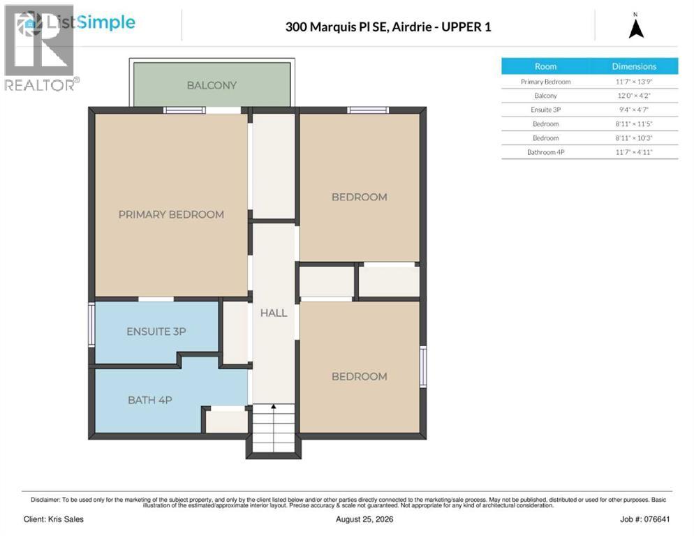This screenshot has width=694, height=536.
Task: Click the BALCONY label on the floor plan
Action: [212, 85]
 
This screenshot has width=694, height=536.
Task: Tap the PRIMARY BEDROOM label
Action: [171, 215]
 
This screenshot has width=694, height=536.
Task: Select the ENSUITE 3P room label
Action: [156, 332]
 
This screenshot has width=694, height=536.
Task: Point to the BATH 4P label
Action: [149, 400]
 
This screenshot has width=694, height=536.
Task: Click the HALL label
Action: [274, 313]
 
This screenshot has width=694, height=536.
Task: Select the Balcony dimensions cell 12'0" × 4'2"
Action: [634, 96]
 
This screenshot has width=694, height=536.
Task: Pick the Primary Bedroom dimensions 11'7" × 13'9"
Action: [634, 82]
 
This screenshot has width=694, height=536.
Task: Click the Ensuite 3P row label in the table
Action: [545, 110]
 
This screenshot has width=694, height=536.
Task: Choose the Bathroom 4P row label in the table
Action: [545, 152]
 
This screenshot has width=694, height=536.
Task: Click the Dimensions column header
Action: [634, 66]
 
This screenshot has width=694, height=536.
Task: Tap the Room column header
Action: [545, 66]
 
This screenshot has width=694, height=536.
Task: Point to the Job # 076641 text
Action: [645, 519]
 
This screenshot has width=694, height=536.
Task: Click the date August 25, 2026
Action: [364, 519]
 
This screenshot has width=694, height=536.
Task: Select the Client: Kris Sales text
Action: [54, 519]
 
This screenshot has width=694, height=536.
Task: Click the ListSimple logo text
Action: [91, 22]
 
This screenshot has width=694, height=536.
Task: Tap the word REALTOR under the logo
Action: [39, 85]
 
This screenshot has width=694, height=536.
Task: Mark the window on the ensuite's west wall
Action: [91, 324]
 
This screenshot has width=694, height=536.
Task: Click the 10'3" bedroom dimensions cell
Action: [634, 138]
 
